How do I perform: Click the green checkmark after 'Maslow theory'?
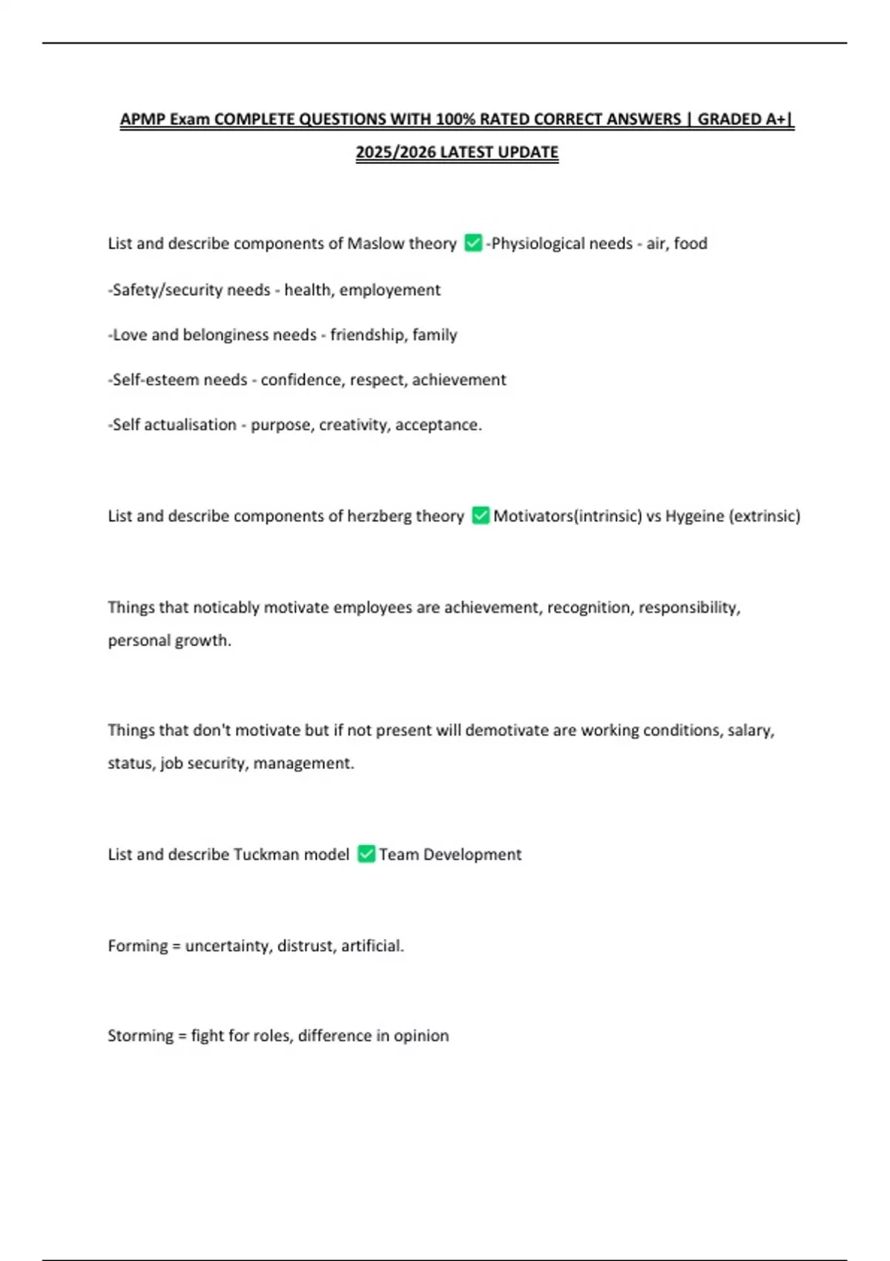[472, 243]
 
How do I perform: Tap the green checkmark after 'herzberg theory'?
[481, 515]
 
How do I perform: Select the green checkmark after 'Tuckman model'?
[366, 854]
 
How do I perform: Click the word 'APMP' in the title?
[142, 119]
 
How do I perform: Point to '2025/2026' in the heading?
[396, 152]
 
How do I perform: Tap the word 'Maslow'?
[375, 243]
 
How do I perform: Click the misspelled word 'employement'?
[389, 290]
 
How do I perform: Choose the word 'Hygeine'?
[694, 516]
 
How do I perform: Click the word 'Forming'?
[137, 946]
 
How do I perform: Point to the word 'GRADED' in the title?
[731, 119]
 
